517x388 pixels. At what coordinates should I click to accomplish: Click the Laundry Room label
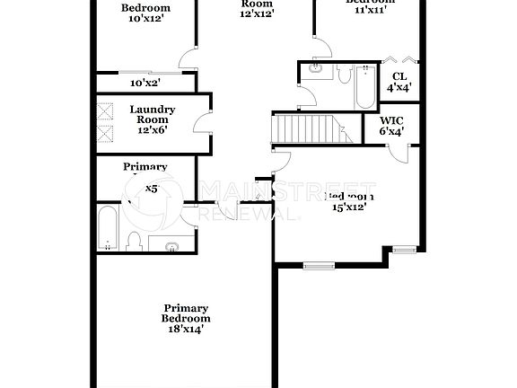coord(152,114)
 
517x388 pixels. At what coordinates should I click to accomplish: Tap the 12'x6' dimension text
coord(152,129)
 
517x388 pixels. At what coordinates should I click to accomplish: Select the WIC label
coord(390,119)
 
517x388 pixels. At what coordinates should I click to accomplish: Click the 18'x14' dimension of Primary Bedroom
coord(186,329)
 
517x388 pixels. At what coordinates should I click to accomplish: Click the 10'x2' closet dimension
coord(145,83)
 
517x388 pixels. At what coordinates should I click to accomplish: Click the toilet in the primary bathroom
coord(135,240)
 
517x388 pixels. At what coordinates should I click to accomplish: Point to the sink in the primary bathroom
coord(170,244)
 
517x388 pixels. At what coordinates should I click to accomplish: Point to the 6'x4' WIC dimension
coord(390,131)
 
